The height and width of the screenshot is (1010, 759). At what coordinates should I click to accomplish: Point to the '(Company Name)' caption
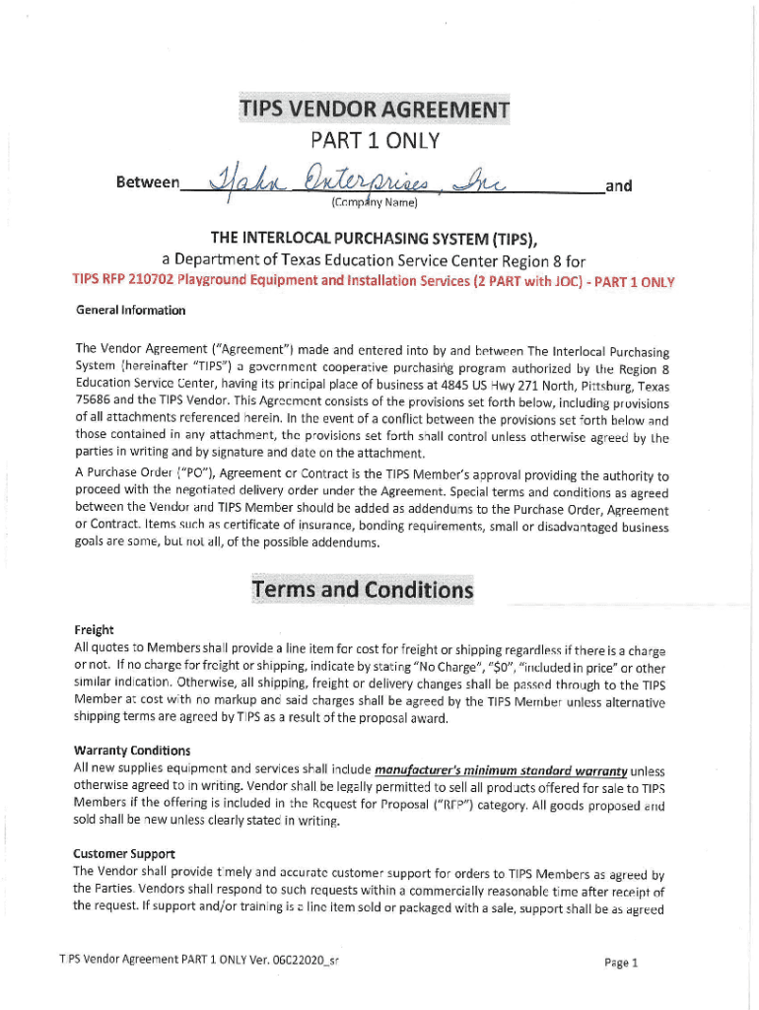pos(365,203)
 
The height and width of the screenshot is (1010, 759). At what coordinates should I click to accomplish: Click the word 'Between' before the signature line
pos(148,183)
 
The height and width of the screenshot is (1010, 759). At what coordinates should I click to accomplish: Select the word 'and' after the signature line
pos(619,184)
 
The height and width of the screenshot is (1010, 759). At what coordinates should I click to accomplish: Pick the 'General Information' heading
pos(130,311)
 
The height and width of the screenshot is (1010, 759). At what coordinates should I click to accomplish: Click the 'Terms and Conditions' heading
pos(363,590)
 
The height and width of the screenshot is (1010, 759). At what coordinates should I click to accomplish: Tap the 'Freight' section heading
pos(95,629)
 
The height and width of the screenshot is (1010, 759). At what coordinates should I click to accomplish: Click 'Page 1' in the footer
pos(623,963)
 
